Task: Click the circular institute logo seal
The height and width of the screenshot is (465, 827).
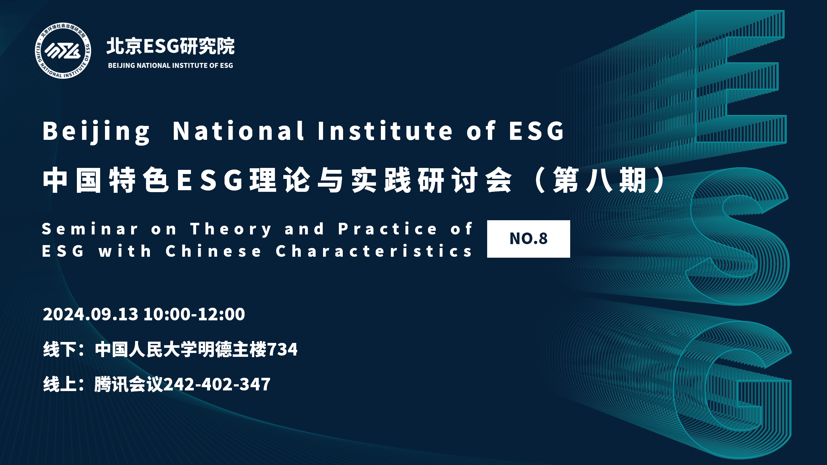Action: pos(63,51)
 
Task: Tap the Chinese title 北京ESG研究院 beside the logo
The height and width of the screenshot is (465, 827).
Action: pos(171,46)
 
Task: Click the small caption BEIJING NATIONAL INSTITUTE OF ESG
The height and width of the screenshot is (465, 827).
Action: pos(171,66)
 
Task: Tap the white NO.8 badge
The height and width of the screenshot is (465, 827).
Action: pos(529,239)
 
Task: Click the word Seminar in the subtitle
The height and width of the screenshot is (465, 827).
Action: pos(90,229)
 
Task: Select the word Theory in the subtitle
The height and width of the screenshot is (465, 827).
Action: pos(231,230)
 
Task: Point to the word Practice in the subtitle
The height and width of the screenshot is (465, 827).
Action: pos(387,229)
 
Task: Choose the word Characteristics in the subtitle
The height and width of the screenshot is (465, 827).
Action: pos(374,251)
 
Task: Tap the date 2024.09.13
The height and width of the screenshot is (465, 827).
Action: pos(90,314)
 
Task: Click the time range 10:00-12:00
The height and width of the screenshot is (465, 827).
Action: pos(194,314)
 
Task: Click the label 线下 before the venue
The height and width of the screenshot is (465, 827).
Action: pos(60,349)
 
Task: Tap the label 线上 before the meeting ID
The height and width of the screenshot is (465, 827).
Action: pos(60,384)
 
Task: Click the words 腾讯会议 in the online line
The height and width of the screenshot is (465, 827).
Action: pos(129,384)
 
